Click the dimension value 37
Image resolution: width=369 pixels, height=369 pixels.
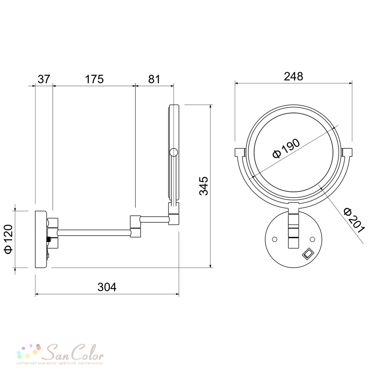pyautogui.click(x=44, y=79)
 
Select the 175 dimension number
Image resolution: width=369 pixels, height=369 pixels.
pyautogui.click(x=94, y=79)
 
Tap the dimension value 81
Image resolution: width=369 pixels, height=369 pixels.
pyautogui.click(x=154, y=79)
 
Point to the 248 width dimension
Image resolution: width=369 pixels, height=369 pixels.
pyautogui.click(x=293, y=76)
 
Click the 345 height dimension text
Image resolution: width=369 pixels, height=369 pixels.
pyautogui.click(x=204, y=186)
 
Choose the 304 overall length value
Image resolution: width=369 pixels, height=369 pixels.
pyautogui.click(x=107, y=287)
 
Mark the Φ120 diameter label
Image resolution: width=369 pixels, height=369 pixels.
pyautogui.click(x=8, y=239)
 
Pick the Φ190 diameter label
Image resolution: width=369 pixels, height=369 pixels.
pyautogui.click(x=286, y=149)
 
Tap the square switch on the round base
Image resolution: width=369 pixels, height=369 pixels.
pyautogui.click(x=308, y=254)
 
